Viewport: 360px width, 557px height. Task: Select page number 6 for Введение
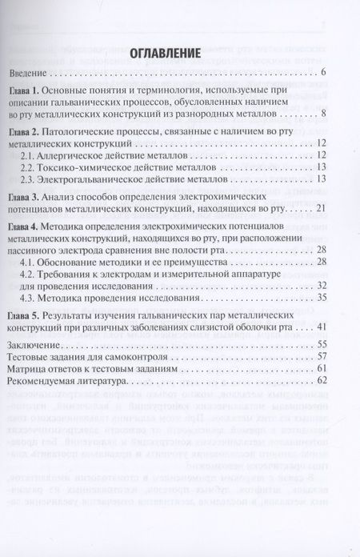coord(322,74)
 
